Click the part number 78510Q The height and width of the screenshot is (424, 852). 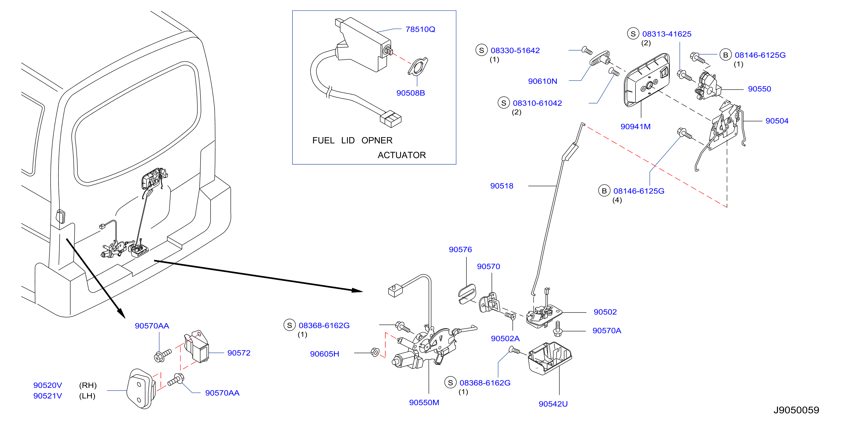[x=420, y=29]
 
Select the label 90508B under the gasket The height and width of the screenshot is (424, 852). [x=410, y=93]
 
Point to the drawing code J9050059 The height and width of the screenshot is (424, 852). [x=796, y=410]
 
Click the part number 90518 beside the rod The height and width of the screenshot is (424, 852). [x=502, y=186]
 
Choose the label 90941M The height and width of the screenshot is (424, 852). [x=636, y=127]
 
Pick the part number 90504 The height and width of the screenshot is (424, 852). [x=777, y=121]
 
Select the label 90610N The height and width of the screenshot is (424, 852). [x=542, y=81]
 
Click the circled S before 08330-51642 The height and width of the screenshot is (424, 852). [x=482, y=50]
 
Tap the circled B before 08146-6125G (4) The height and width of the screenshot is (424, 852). [x=604, y=191]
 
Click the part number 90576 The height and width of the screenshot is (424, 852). [x=460, y=250]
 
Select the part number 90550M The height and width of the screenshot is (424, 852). [x=424, y=403]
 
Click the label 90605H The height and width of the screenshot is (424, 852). [x=324, y=354]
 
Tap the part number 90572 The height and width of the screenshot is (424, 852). [x=239, y=353]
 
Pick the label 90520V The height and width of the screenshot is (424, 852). [x=48, y=386]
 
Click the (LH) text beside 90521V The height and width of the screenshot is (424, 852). [x=87, y=396]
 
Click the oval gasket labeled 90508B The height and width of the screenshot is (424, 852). [x=418, y=67]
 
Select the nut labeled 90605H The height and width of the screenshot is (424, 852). [x=375, y=352]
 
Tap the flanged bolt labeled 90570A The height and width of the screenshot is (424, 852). [x=558, y=329]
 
